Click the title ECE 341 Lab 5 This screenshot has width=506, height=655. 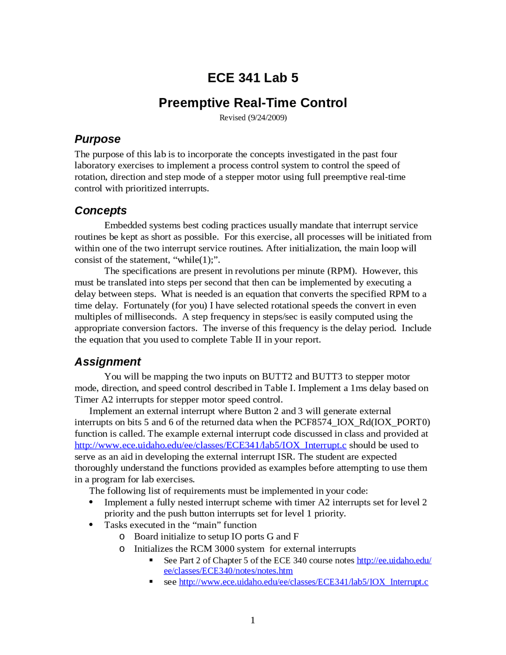click(253, 78)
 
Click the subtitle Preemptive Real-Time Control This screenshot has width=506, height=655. click(253, 103)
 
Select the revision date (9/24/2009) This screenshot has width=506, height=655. click(267, 118)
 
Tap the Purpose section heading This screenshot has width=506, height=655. click(97, 139)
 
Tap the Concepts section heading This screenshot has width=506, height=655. click(100, 211)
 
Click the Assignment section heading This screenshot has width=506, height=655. click(108, 362)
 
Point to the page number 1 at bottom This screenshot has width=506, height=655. click(253, 620)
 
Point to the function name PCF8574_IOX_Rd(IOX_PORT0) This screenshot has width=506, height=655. click(362, 422)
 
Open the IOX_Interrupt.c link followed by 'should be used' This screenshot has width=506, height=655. click(210, 445)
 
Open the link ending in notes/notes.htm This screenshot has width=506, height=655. click(228, 571)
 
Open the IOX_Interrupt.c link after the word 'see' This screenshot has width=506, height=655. click(303, 582)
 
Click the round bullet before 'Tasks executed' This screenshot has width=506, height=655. click(91, 525)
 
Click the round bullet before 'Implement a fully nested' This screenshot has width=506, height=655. click(91, 502)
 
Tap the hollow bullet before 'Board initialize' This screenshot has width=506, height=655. click(122, 537)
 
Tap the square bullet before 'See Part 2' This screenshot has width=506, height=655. click(151, 560)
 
